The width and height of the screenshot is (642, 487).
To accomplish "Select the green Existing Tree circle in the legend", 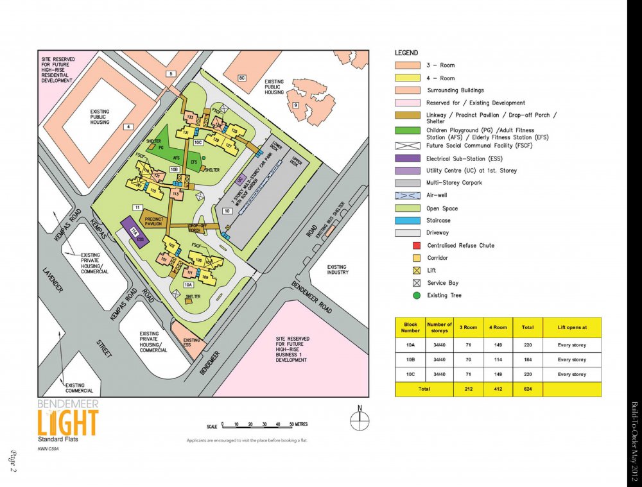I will (x=417, y=295).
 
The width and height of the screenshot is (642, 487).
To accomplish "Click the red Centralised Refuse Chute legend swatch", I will (x=417, y=245).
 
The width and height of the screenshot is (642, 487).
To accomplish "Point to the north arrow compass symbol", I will (x=360, y=420).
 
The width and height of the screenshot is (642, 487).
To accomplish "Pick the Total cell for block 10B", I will (x=527, y=359).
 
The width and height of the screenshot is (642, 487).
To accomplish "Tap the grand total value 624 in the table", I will (x=527, y=389).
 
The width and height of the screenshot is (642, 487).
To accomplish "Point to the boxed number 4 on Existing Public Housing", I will (x=128, y=127).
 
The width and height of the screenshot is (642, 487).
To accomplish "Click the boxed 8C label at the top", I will (x=242, y=78).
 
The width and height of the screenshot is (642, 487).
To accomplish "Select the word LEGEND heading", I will (x=406, y=53).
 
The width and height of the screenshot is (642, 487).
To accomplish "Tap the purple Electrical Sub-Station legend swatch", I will (x=407, y=158).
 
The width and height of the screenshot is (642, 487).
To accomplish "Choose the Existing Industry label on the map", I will (x=337, y=269).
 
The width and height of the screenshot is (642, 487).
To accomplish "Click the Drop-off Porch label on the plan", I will (x=198, y=228).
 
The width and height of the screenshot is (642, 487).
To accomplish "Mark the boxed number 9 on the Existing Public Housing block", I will (x=295, y=105).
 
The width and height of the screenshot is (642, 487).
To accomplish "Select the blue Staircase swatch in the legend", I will (x=407, y=220).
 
